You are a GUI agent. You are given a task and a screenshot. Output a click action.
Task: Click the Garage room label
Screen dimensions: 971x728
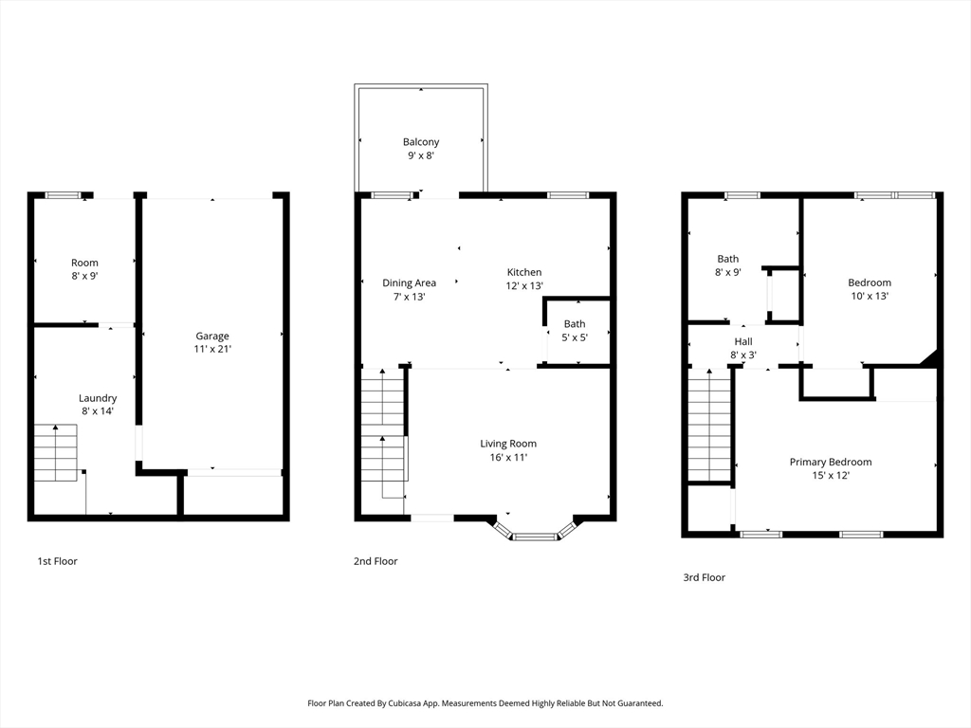tap(212, 337)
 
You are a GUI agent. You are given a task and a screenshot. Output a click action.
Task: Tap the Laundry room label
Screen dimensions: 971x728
tap(98, 398)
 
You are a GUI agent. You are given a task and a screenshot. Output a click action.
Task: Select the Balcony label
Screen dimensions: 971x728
tap(421, 142)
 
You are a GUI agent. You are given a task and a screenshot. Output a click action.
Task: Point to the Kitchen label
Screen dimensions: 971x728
tap(524, 272)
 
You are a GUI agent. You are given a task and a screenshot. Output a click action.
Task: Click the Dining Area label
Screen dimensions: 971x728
tap(410, 282)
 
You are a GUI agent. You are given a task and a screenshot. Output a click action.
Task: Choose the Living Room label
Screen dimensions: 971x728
tap(508, 444)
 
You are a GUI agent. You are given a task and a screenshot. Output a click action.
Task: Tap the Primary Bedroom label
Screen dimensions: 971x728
tap(831, 462)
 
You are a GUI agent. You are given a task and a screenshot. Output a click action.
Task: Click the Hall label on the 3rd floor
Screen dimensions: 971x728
tap(743, 341)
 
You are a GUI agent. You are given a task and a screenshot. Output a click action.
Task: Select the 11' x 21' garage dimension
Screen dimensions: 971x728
tap(212, 349)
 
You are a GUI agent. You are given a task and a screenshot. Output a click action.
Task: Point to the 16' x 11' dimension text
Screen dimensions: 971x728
tap(508, 458)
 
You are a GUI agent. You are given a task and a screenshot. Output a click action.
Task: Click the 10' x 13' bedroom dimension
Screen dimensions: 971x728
tap(870, 296)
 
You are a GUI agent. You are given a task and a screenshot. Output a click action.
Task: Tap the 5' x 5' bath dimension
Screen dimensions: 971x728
tap(575, 337)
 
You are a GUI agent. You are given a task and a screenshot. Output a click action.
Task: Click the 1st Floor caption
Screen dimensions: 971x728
tap(58, 561)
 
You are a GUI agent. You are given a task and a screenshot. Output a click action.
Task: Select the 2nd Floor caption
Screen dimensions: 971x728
tap(376, 561)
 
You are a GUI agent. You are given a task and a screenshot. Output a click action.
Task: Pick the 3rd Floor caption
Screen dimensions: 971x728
tap(705, 577)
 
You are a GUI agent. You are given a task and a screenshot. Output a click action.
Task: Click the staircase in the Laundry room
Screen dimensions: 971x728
tap(56, 452)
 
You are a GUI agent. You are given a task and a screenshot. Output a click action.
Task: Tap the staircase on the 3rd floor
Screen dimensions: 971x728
tap(709, 425)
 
